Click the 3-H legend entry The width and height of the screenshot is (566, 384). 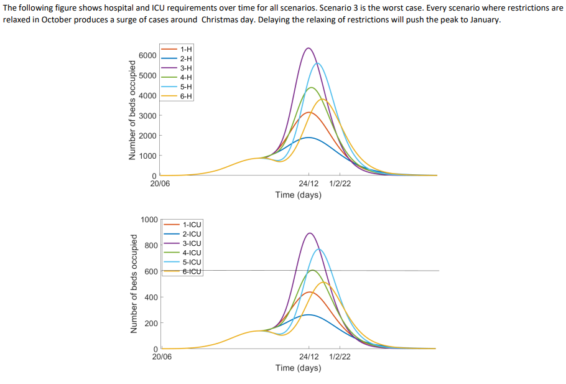point(185,67)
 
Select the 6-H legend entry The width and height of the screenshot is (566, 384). point(185,96)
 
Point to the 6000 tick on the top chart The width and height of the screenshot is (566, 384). point(147,55)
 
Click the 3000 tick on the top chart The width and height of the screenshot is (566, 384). point(147,116)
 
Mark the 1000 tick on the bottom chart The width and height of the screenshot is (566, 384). point(149,220)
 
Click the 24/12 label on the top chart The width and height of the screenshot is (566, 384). point(309,184)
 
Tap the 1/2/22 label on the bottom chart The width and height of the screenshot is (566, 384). point(340,357)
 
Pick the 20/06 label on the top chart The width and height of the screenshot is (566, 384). point(160,184)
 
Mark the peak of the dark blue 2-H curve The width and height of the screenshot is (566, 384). point(308,137)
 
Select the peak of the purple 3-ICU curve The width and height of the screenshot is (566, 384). point(309,233)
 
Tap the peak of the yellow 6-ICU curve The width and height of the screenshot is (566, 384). point(323,282)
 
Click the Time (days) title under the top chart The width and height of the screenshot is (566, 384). point(298,195)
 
